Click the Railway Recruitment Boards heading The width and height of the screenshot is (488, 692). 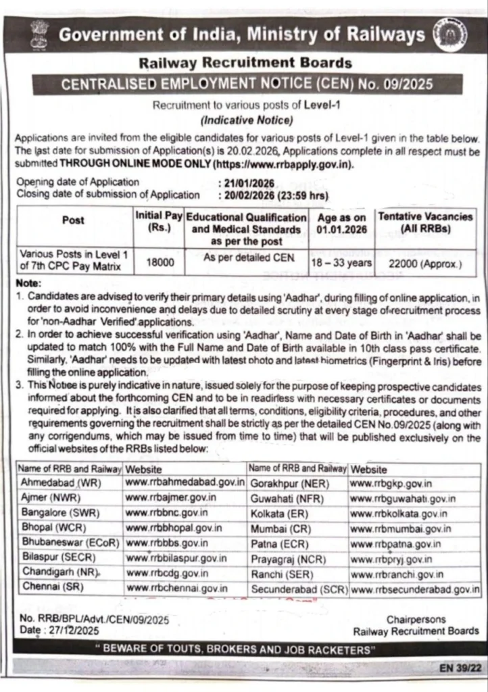click(245, 64)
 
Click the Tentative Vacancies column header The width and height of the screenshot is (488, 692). click(426, 223)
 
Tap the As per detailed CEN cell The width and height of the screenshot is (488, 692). click(246, 257)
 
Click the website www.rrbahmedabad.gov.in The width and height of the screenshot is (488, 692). click(185, 483)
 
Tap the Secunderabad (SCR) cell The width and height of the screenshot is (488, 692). click(298, 589)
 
